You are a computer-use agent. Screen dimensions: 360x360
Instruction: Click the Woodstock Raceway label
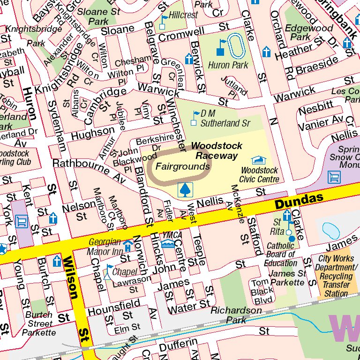click(x=217, y=151)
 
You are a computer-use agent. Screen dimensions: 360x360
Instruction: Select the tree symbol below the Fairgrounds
click(x=185, y=190)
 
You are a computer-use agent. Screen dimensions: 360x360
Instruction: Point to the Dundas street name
click(x=299, y=201)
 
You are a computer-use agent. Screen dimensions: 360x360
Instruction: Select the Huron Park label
click(x=228, y=65)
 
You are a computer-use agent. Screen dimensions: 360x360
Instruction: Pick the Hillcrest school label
click(x=183, y=15)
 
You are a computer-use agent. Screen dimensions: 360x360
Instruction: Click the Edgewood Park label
click(x=302, y=32)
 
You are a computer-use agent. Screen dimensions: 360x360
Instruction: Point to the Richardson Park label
click(x=236, y=315)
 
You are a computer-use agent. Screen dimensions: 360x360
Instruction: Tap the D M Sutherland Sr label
click(x=225, y=118)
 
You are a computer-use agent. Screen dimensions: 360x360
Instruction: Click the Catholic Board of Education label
click(x=280, y=254)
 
